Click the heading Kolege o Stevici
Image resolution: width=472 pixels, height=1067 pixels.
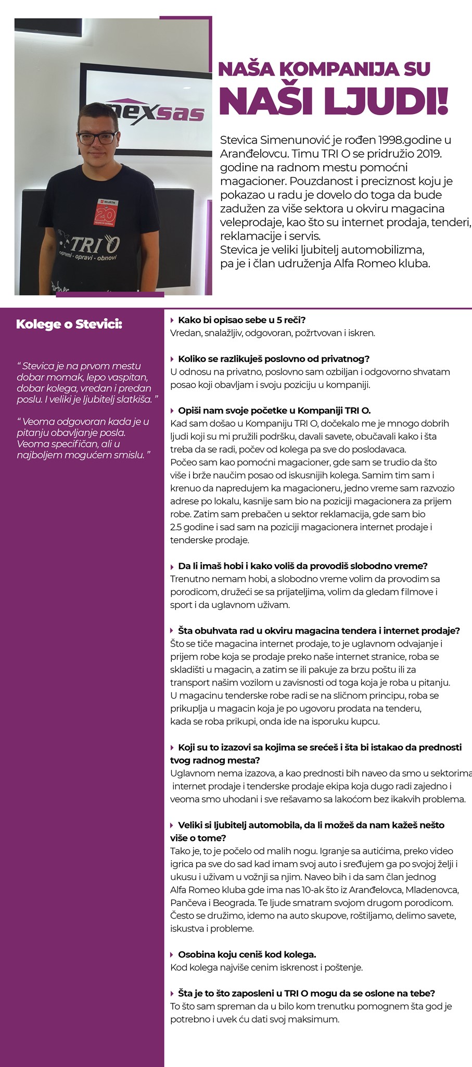[x=69, y=324]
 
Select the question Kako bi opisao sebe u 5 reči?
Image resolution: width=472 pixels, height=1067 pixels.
[x=242, y=320]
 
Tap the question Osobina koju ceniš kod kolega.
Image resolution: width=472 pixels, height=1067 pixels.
[x=247, y=954]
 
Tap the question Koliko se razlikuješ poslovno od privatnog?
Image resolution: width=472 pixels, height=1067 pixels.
[x=273, y=359]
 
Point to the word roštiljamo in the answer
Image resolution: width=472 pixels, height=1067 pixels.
[x=376, y=915]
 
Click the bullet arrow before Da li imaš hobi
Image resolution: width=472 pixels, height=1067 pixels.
[x=172, y=566]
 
